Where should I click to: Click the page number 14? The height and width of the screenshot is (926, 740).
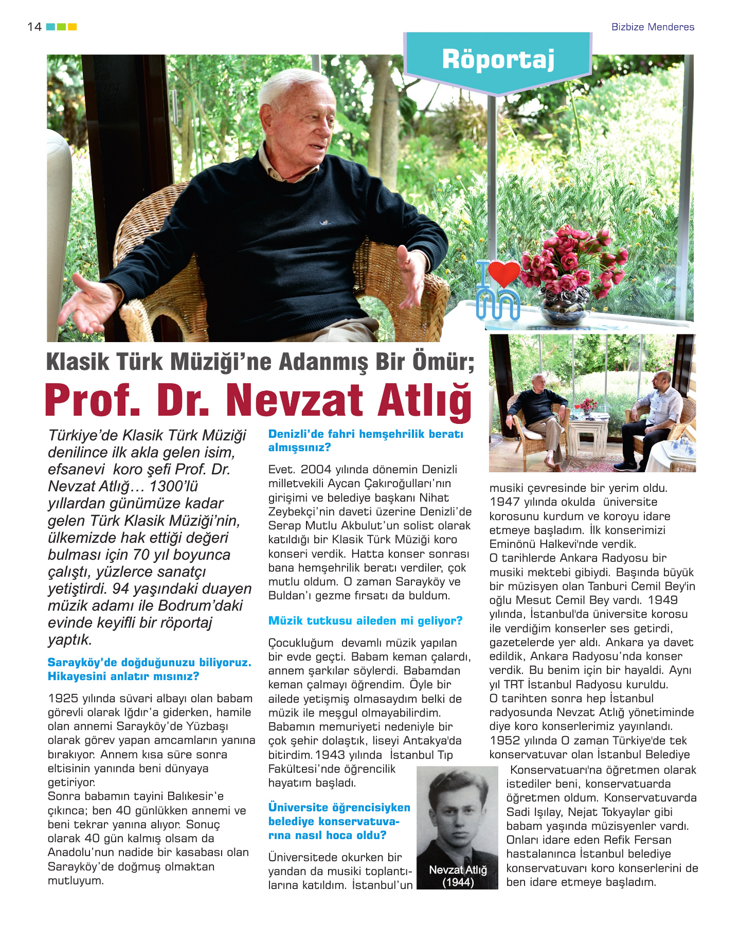[x=34, y=27]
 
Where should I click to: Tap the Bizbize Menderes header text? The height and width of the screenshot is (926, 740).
[x=653, y=27]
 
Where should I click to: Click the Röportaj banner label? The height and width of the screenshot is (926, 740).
[x=498, y=60]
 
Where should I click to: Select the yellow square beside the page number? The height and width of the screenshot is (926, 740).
[x=73, y=27]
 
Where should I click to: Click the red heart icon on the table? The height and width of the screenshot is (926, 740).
[x=503, y=273]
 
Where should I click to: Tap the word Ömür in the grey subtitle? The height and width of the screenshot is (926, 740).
[x=442, y=362]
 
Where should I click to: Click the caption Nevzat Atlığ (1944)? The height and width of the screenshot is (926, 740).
[x=458, y=876]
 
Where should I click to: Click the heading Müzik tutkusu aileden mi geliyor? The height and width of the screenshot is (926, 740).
[x=365, y=621]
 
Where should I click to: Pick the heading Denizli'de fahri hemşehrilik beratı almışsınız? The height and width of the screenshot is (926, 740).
[x=366, y=441]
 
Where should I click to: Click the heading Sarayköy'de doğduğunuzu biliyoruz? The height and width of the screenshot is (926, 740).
[x=149, y=663]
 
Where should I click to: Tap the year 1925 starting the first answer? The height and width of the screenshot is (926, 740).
[x=63, y=699]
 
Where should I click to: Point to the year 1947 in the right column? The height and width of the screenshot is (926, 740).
[x=504, y=502]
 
